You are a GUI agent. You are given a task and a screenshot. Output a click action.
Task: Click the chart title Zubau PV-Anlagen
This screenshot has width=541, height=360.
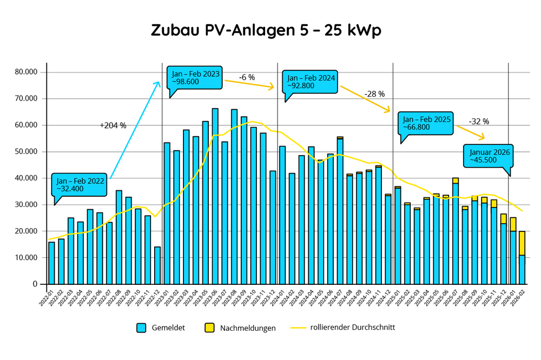click(266, 31)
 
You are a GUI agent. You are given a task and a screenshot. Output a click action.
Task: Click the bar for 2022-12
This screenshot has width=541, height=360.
click(157, 265)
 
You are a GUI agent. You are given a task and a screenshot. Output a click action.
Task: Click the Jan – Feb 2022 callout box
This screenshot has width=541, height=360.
click(80, 185)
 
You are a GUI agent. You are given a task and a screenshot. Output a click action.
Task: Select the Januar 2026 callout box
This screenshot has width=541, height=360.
click(488, 156)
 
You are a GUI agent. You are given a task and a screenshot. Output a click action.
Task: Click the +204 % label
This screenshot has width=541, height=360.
click(113, 125)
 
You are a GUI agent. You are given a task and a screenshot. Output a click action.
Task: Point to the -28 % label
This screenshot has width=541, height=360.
click(374, 94)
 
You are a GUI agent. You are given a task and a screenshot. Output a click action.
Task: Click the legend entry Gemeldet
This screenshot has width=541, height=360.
click(161, 328)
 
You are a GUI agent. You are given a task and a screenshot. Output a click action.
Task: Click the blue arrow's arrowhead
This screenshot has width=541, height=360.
click(158, 83)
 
